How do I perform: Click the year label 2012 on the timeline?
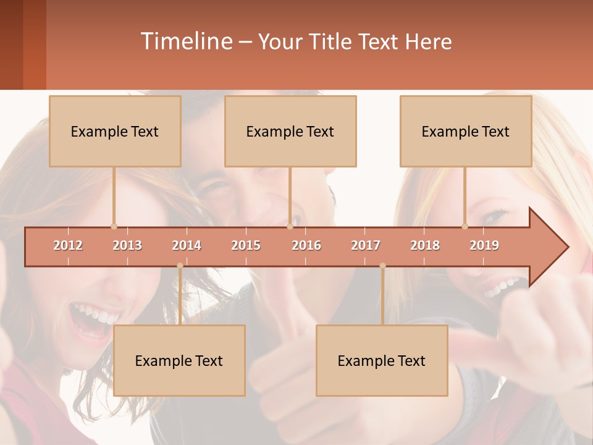[68, 245]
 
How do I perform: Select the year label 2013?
[127, 245]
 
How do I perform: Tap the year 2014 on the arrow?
[187, 245]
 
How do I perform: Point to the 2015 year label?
[246, 245]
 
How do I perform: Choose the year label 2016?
[306, 245]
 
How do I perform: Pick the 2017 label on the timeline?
[366, 245]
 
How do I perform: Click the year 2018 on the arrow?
[425, 245]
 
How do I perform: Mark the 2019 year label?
[484, 245]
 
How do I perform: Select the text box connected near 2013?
[115, 131]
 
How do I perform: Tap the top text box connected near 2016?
[290, 131]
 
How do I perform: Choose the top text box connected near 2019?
[466, 131]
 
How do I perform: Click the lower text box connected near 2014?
[179, 360]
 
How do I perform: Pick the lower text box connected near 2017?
[382, 360]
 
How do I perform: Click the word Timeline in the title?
[186, 41]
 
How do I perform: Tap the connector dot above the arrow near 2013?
[114, 226]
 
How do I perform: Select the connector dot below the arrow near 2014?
[180, 266]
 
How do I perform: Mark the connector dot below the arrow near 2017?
[382, 266]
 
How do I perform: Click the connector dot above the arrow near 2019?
[465, 226]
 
